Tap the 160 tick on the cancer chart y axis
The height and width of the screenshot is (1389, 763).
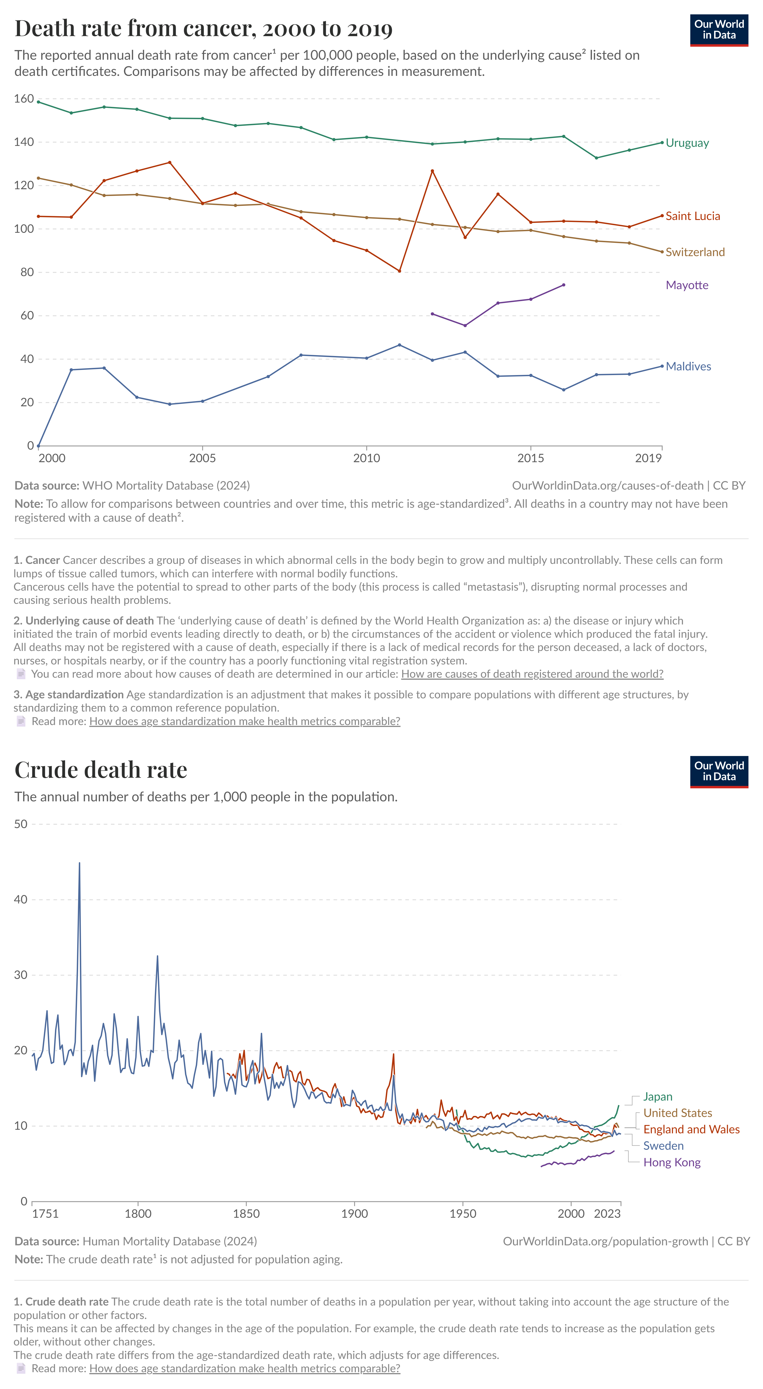[x=24, y=99]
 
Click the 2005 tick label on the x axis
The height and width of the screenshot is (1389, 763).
[x=202, y=458]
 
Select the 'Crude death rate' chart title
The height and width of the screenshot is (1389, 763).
[x=101, y=770]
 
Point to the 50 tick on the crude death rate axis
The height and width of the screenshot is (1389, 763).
[x=20, y=824]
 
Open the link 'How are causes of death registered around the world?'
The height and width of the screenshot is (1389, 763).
[x=532, y=674]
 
